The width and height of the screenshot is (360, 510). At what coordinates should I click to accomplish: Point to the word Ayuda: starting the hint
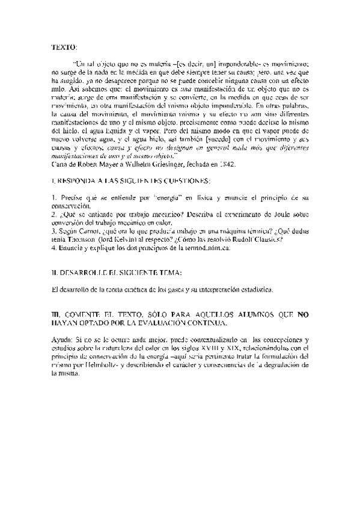62,340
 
